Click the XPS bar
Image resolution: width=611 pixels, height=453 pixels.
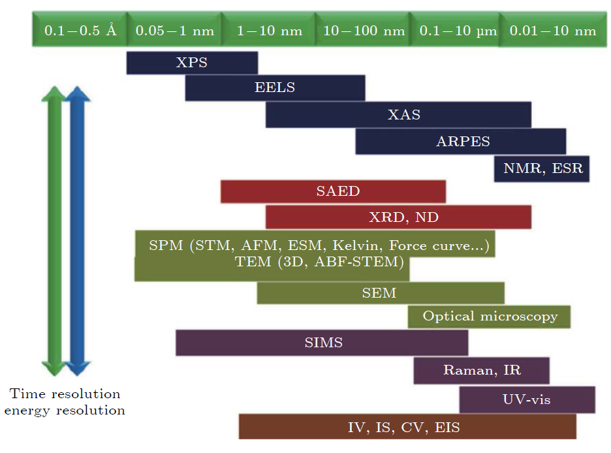tap(192, 63)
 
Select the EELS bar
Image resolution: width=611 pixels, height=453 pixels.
tap(275, 88)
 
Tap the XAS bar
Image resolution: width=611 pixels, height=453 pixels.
tap(398, 115)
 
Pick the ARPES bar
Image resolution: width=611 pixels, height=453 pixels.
tap(461, 142)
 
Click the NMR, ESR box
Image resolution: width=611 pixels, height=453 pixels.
tap(542, 168)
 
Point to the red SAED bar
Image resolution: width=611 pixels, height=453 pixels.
tap(333, 192)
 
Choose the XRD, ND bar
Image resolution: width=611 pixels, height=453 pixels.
tap(398, 217)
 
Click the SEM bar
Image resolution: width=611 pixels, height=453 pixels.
tap(381, 293)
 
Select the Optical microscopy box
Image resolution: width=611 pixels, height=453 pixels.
tap(490, 317)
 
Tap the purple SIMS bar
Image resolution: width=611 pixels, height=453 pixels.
tap(322, 343)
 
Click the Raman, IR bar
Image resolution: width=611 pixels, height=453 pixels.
tap(481, 371)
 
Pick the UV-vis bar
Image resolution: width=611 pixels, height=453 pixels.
tap(527, 399)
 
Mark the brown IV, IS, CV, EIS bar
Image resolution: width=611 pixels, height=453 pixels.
tap(407, 427)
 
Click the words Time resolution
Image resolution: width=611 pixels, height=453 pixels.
tap(65, 394)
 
